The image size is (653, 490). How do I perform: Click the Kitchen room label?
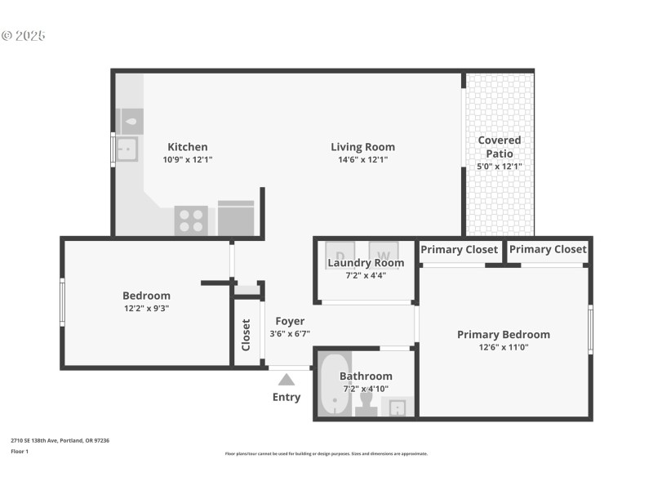[188, 147]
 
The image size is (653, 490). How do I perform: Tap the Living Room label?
[362, 147]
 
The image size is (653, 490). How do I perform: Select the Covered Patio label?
[499, 146]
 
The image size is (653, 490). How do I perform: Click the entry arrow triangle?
[286, 379]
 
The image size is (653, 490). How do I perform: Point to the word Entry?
[286, 398]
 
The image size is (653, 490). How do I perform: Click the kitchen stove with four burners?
[191, 220]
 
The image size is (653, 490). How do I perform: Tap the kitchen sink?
[127, 149]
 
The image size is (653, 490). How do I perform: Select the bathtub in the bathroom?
[333, 384]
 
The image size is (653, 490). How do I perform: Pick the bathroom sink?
[397, 407]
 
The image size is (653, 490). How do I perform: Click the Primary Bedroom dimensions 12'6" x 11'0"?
[503, 347]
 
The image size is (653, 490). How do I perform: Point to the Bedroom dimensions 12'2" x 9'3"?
[146, 308]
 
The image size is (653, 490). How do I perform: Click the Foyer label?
[290, 321]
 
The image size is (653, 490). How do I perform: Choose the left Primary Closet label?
[459, 249]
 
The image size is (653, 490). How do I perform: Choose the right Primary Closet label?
[548, 249]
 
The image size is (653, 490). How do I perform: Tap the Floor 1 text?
[20, 451]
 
